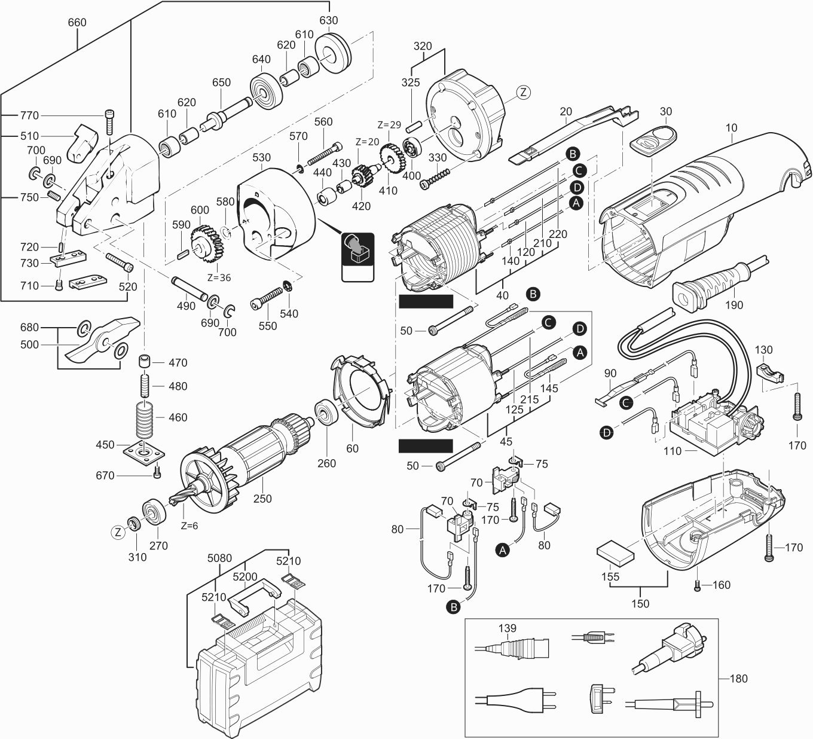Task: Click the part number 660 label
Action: pyautogui.click(x=77, y=23)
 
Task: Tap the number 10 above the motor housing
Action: pyautogui.click(x=732, y=127)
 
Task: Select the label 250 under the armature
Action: pyautogui.click(x=262, y=499)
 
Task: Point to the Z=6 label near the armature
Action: pyautogui.click(x=188, y=526)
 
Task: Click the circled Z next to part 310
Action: pyautogui.click(x=118, y=532)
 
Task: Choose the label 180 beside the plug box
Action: pyautogui.click(x=739, y=679)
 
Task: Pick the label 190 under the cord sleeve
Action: pyautogui.click(x=733, y=305)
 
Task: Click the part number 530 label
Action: pyautogui.click(x=261, y=158)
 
